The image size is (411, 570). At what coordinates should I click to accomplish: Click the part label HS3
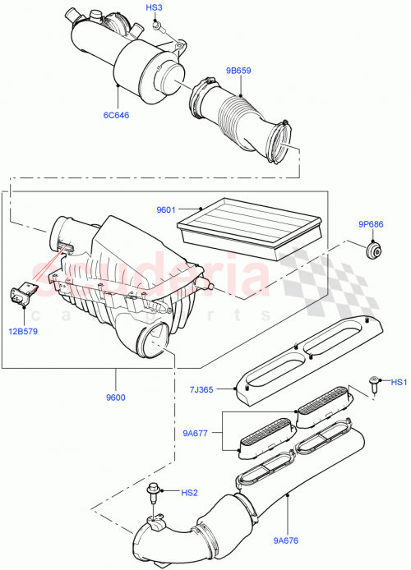point(154,8)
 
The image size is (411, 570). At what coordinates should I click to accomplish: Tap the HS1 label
point(399,382)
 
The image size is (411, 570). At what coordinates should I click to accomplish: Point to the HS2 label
point(189,493)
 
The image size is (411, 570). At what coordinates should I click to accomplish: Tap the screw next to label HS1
point(376,381)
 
